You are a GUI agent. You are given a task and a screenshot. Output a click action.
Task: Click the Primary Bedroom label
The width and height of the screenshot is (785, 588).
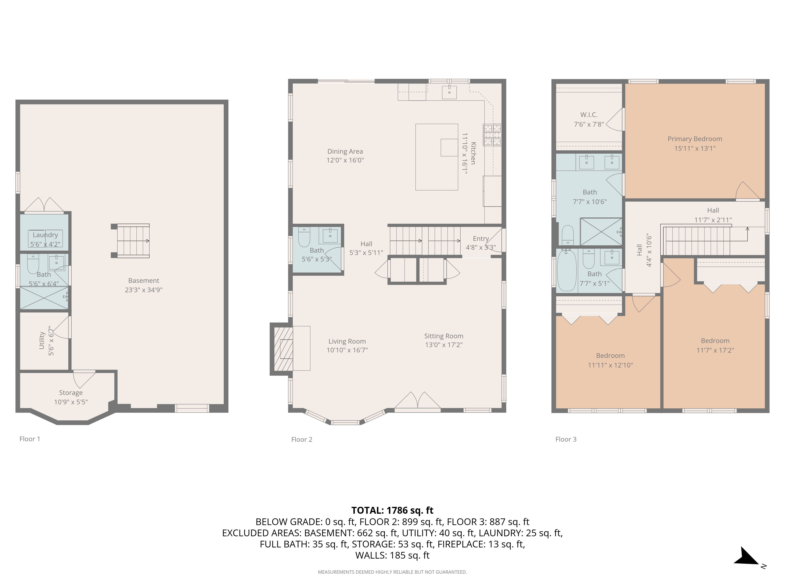tap(695, 139)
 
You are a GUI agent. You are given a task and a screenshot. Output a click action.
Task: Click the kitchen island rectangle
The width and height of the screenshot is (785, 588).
tap(436, 157)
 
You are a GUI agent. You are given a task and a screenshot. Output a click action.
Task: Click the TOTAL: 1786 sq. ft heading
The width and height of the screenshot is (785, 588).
tap(392, 510)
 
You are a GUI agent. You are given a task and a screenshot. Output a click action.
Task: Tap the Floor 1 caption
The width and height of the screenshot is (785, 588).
tap(30, 439)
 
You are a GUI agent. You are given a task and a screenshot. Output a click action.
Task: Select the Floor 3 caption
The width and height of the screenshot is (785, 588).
tap(566, 439)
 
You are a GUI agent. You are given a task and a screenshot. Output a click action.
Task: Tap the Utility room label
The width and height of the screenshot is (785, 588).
tap(42, 341)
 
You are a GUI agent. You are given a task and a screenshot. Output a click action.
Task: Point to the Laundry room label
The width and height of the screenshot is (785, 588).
tap(45, 235)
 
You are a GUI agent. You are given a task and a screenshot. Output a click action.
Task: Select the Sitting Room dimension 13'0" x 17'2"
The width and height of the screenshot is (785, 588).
tap(444, 345)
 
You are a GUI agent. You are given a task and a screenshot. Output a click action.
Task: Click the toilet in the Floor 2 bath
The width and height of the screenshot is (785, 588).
tap(304, 237)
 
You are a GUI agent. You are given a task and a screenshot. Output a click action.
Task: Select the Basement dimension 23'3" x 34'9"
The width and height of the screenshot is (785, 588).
tap(143, 290)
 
